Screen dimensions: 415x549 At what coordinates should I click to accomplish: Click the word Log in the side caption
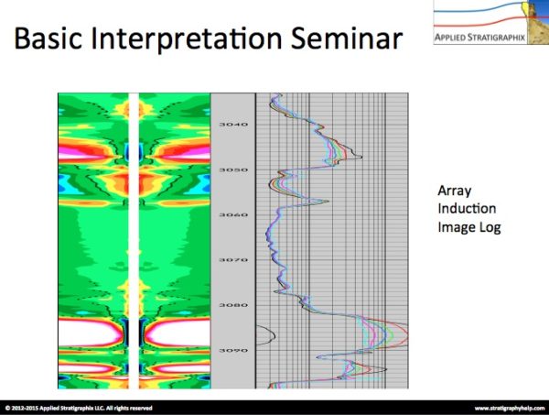491,225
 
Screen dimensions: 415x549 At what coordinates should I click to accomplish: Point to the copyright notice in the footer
79,408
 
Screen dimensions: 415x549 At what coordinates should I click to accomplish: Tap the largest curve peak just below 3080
400,331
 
